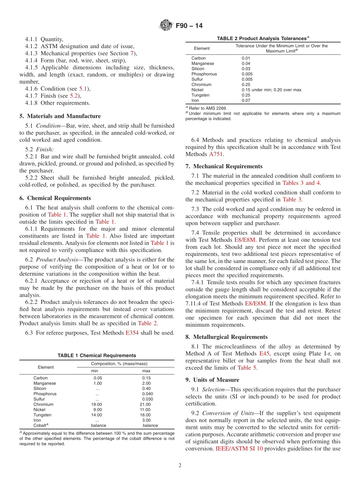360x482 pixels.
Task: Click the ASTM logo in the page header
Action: (166, 26)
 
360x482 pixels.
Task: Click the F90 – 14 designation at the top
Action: (189, 26)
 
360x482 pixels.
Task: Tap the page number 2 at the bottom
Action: (180, 465)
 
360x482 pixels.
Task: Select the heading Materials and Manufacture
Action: (60, 116)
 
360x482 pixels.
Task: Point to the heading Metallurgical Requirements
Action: (227, 337)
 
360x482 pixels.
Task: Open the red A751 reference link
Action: (216, 154)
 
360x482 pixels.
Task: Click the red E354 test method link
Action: (132, 333)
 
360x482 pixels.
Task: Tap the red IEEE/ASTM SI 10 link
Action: (239, 449)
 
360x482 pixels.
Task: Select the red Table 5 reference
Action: (247, 368)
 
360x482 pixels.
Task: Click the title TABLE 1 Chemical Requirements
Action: (97, 355)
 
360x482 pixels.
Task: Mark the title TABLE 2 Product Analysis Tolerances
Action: (263, 39)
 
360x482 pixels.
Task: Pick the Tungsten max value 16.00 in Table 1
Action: (145, 415)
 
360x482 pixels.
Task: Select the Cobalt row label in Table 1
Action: (41, 426)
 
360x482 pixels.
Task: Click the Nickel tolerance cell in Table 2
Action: (271, 90)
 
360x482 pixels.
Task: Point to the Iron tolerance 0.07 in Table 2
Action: (246, 100)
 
